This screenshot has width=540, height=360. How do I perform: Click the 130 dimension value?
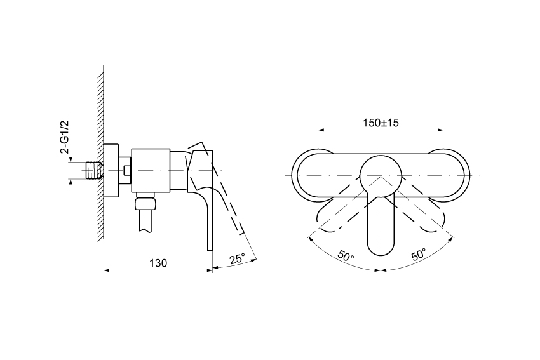coord(158,263)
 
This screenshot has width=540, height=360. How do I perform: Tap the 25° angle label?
coord(238,258)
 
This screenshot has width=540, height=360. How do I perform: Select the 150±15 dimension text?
coord(381,123)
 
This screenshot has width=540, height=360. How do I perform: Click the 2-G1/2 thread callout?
coord(65,137)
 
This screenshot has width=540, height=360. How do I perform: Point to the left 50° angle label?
coord(346,257)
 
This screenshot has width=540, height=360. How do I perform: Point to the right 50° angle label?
coord(419,255)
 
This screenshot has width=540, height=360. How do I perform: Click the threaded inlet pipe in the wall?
coord(93,170)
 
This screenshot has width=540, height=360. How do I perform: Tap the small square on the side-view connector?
coord(126,170)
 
